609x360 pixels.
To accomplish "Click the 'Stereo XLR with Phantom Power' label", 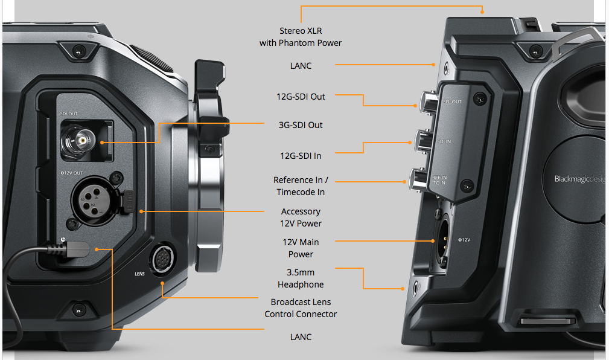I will (301, 36).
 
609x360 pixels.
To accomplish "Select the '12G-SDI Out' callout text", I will (301, 97).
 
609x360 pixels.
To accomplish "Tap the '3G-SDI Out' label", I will (301, 125).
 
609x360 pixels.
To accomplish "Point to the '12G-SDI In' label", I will (301, 156).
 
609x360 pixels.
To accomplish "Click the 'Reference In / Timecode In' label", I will (301, 186).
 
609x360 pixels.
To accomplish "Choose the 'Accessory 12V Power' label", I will (301, 217).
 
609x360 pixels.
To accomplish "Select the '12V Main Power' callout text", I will (301, 248).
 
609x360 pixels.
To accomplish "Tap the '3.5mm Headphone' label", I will (301, 278).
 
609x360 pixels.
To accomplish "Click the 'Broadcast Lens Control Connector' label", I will (301, 308).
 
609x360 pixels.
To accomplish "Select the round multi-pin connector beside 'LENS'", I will (162, 261).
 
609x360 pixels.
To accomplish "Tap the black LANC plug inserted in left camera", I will (78, 248).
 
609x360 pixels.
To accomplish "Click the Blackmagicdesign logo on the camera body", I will (578, 179).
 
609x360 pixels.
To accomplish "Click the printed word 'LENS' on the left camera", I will (139, 274).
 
